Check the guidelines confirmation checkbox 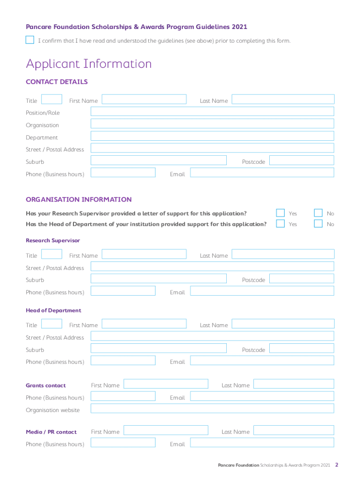(x=30, y=40)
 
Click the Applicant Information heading (x=89, y=64)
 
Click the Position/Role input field (x=212, y=111)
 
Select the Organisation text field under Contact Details (x=212, y=123)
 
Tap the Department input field (x=212, y=136)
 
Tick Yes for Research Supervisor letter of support (x=281, y=213)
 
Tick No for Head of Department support (x=318, y=224)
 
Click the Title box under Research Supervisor (x=52, y=254)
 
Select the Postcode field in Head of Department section (x=302, y=348)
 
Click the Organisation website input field (x=212, y=408)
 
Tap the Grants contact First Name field (x=166, y=384)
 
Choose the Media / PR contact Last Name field (x=294, y=430)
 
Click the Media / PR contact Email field (x=262, y=443)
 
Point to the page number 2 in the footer (x=336, y=465)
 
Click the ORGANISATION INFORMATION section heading (x=79, y=199)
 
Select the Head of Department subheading (x=53, y=310)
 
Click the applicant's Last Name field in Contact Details (x=283, y=99)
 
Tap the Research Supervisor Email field (x=262, y=290)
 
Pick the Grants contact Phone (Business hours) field (x=123, y=396)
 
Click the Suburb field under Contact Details (x=158, y=160)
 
